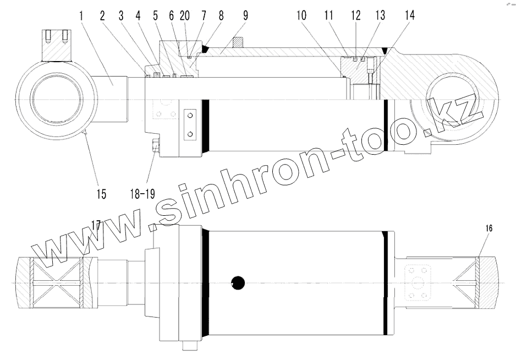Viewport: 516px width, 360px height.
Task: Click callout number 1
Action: [x=81, y=15]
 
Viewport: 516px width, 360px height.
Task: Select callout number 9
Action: [x=245, y=15]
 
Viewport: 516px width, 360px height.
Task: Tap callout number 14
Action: [x=409, y=15]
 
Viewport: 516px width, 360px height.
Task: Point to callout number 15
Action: [x=101, y=194]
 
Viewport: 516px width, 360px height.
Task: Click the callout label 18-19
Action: [x=142, y=194]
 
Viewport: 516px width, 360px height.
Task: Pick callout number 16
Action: [x=489, y=228]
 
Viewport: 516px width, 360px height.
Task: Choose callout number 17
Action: [x=96, y=226]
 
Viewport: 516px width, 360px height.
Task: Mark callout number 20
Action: [x=185, y=15]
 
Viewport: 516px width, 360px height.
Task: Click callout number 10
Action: [x=301, y=15]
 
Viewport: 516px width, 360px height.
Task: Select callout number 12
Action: [x=356, y=15]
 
